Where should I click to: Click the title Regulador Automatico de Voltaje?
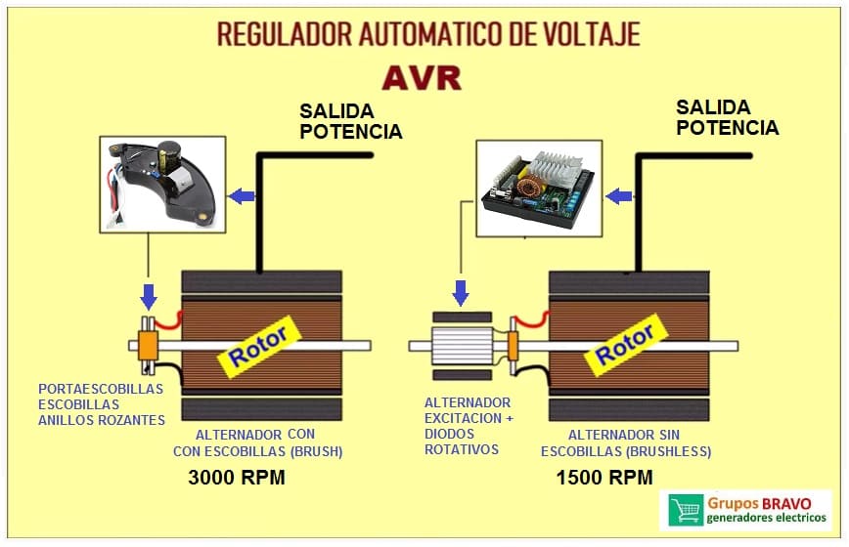click(x=428, y=33)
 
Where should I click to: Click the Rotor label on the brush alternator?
click(x=258, y=348)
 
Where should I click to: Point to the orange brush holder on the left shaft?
click(x=149, y=344)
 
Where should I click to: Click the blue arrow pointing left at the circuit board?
click(x=617, y=196)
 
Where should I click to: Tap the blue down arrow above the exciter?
click(x=461, y=291)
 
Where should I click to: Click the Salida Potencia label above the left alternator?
click(x=350, y=121)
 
